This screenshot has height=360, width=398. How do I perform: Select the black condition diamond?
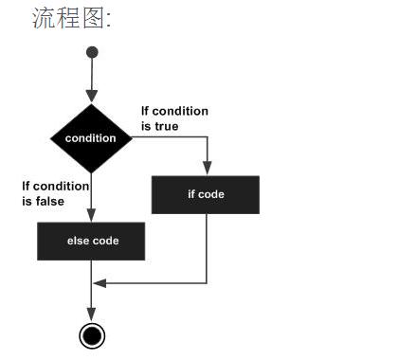(91, 138)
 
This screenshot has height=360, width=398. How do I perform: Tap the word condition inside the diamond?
(91, 138)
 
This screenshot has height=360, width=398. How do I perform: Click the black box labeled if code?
(206, 194)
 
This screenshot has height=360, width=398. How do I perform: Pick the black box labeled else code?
(92, 241)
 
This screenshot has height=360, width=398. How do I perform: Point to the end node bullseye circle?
(91, 334)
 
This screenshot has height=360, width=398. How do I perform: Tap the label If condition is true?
(173, 118)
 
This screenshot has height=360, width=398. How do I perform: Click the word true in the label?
(167, 125)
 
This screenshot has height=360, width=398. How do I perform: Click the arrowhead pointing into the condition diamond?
(91, 98)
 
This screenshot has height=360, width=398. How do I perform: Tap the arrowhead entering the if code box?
(206, 171)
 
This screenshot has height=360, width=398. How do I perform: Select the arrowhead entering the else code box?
(91, 217)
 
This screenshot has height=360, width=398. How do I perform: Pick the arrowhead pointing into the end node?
(91, 317)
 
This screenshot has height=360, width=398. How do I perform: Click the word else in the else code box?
(77, 241)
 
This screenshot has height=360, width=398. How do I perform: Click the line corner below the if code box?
(206, 282)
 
